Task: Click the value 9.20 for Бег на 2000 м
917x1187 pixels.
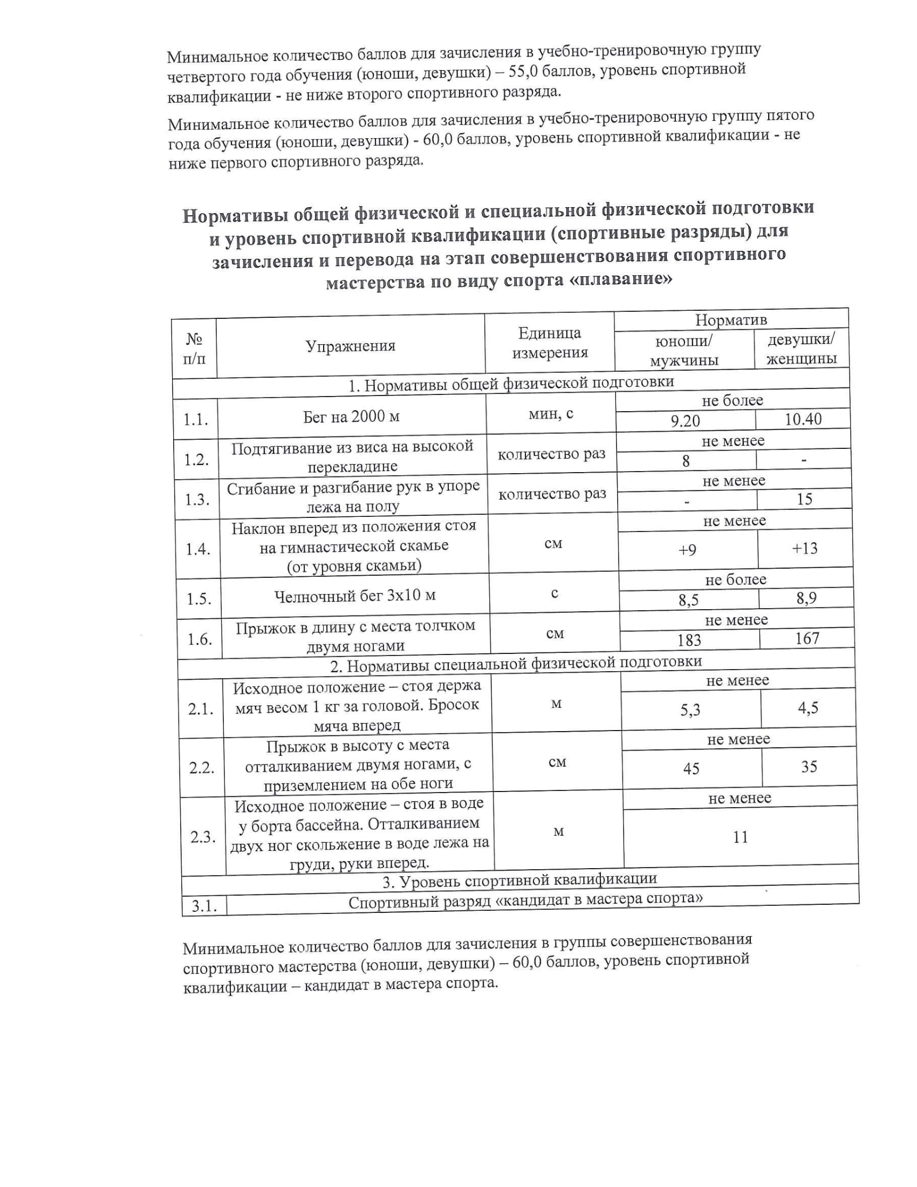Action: point(685,421)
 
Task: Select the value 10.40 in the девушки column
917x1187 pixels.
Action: point(803,419)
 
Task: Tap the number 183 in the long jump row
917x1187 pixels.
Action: point(689,640)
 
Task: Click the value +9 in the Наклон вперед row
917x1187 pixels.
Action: point(687,550)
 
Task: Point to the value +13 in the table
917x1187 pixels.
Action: point(805,548)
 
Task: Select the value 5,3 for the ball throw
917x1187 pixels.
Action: point(690,710)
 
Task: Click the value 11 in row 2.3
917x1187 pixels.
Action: point(741,837)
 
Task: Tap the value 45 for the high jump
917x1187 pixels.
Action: point(691,768)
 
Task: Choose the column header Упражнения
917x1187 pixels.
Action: point(351,346)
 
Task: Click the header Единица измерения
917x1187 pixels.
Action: point(550,343)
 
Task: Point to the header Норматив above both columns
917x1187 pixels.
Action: point(731,319)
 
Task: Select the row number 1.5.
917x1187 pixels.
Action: point(199,599)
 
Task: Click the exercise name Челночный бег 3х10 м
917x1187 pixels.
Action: point(355,596)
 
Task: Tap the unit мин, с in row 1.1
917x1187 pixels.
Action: point(551,414)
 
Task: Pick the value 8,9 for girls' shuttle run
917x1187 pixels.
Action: point(806,598)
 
